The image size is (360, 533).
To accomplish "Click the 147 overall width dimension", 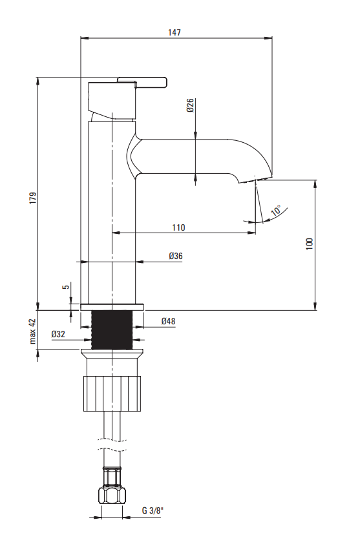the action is [x=175, y=32].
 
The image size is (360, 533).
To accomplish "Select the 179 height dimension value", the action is [x=33, y=198].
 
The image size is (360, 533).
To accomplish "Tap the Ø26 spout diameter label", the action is [x=190, y=105].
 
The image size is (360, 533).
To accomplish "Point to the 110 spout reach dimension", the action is [x=178, y=227].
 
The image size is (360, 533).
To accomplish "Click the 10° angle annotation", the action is [x=277, y=211].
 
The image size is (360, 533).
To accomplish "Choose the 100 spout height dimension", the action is [x=310, y=244].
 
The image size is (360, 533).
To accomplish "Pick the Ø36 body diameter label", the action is [x=176, y=256].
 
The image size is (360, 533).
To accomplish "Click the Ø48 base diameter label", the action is [x=168, y=321].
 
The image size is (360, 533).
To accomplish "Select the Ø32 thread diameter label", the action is [x=58, y=334].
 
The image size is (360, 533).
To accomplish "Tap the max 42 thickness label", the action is [x=32, y=331].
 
